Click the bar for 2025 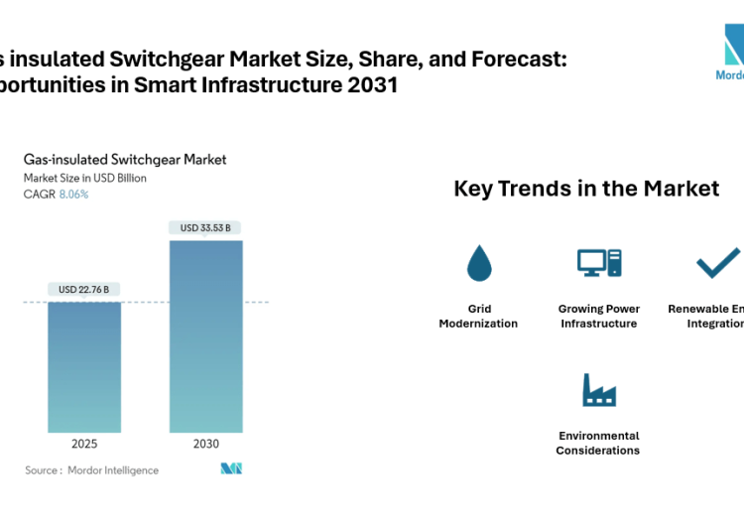click(x=84, y=367)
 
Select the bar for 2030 click(x=205, y=336)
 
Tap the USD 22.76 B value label click(x=84, y=290)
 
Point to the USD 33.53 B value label click(x=205, y=228)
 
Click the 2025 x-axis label click(x=84, y=444)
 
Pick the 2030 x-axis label click(x=205, y=444)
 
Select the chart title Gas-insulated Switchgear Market click(x=125, y=159)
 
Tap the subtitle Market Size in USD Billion click(x=85, y=179)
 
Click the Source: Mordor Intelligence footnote click(x=91, y=470)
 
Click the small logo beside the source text click(x=232, y=468)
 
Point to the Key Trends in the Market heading click(x=586, y=189)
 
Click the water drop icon click(x=479, y=262)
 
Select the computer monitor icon click(x=599, y=262)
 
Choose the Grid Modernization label click(x=478, y=317)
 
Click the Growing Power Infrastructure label click(x=599, y=317)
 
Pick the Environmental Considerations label click(x=598, y=443)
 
